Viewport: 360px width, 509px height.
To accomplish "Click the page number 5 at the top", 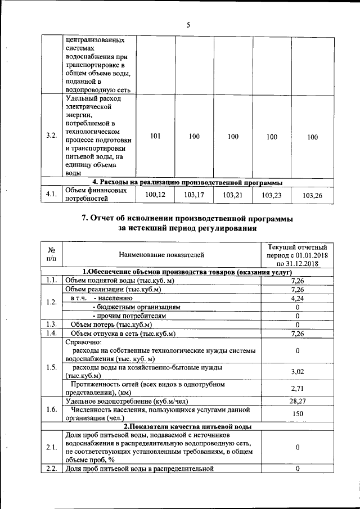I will tap(188, 24).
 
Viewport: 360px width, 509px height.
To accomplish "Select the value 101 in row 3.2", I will tap(155, 136).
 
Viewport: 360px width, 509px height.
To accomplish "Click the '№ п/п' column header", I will tap(51, 254).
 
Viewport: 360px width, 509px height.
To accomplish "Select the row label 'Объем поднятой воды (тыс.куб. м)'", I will tap(120, 280).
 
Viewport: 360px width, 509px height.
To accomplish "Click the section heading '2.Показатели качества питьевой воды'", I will tap(187, 426).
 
